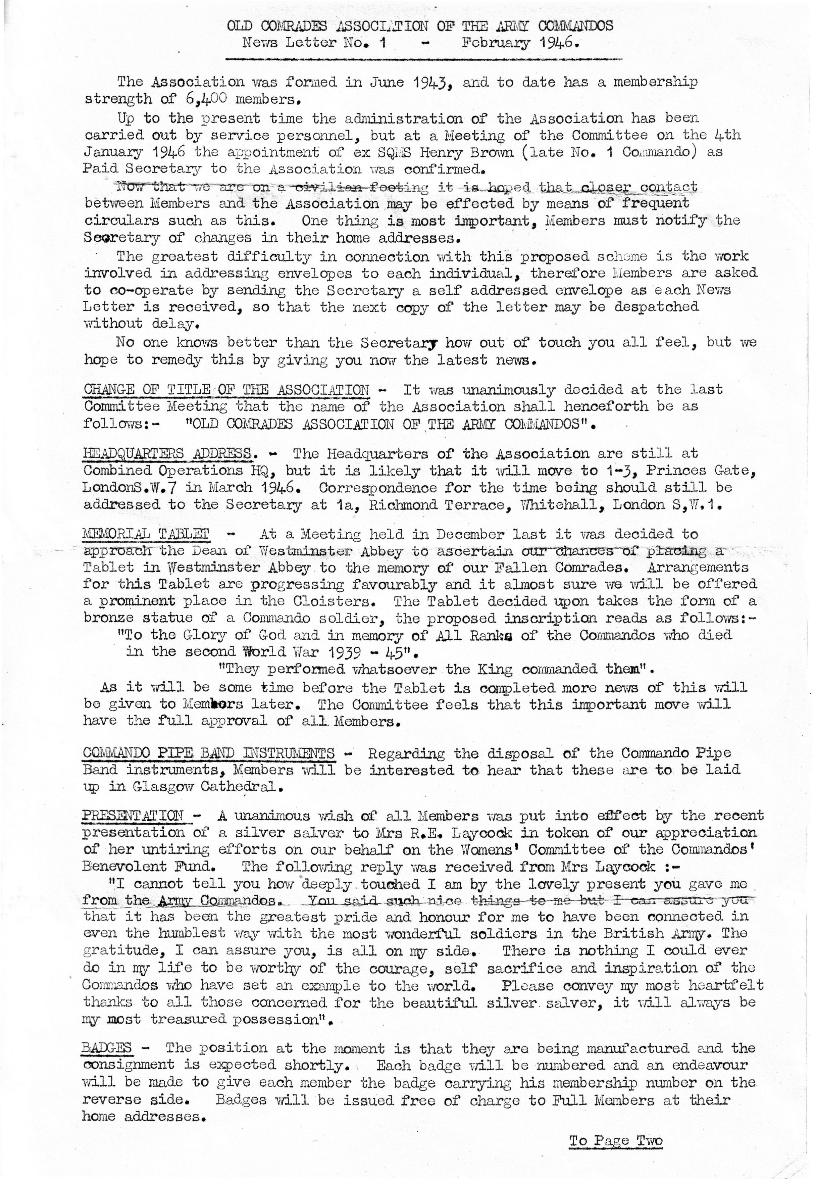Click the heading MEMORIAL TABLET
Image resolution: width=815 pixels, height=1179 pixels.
pyautogui.click(x=146, y=534)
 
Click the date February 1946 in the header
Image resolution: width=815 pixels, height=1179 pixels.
pyautogui.click(x=520, y=43)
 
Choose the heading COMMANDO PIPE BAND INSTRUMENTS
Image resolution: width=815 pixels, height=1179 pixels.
pyautogui.click(x=208, y=753)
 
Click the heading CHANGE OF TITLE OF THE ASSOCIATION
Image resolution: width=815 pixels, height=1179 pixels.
pyautogui.click(x=226, y=389)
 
